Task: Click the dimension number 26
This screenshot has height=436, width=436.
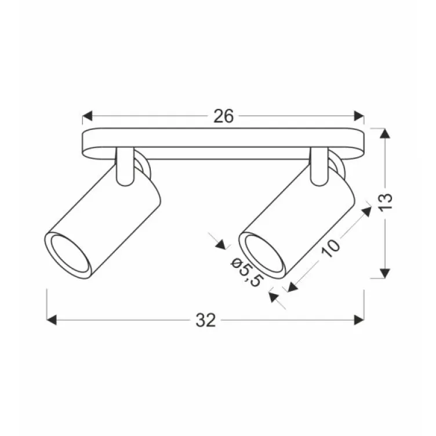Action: pos(223,117)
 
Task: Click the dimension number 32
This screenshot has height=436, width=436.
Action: pos(206,320)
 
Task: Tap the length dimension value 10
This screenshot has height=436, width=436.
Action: pos(330,248)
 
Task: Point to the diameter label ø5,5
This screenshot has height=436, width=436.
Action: pos(246,272)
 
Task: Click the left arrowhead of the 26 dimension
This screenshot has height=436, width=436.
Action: pos(88,117)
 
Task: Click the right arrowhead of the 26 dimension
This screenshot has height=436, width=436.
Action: pos(359,117)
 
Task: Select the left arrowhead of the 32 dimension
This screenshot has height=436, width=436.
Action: pos(51,320)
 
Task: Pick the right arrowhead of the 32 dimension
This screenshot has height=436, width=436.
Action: pos(359,320)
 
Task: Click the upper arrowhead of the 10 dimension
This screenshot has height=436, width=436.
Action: pos(366,210)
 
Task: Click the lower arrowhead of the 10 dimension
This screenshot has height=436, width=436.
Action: pos(292,286)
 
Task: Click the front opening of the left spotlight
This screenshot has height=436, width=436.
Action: pos(67,253)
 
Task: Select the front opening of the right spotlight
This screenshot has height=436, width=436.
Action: pos(261,253)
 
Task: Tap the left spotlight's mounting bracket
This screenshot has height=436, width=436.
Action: pos(124,168)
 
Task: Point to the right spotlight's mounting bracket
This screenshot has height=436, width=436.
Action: pos(318,168)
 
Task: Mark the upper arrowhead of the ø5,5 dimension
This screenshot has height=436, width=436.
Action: pos(221,244)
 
